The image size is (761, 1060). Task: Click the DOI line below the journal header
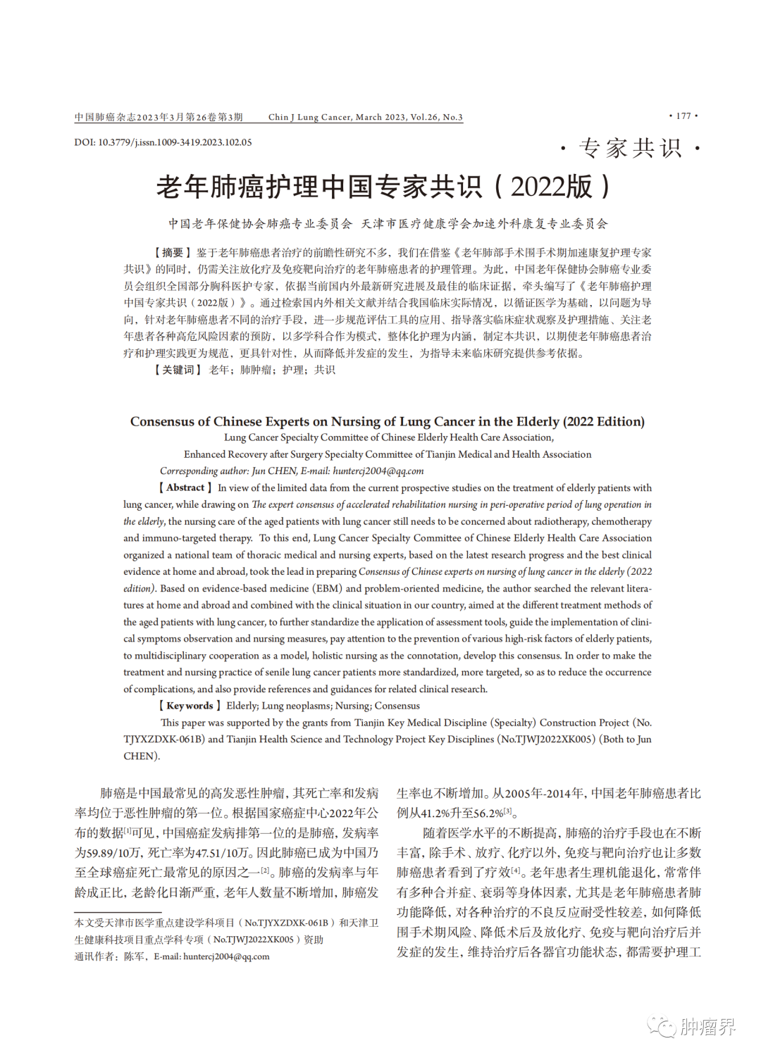[163, 142]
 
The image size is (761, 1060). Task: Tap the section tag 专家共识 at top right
[630, 149]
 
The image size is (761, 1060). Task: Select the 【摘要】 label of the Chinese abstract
[173, 253]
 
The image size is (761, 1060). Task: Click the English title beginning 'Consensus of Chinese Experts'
[387, 422]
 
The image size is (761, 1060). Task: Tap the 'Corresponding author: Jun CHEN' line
[292, 471]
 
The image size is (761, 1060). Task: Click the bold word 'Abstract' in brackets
[185, 487]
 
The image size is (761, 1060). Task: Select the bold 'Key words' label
[190, 706]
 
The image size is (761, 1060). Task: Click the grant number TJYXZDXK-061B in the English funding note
[163, 740]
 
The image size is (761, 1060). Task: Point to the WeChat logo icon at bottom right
[662, 1026]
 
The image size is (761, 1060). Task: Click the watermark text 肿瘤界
[707, 1027]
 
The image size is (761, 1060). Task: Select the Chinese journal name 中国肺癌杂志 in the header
[100, 117]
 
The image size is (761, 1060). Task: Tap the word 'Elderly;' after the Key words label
[242, 706]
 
